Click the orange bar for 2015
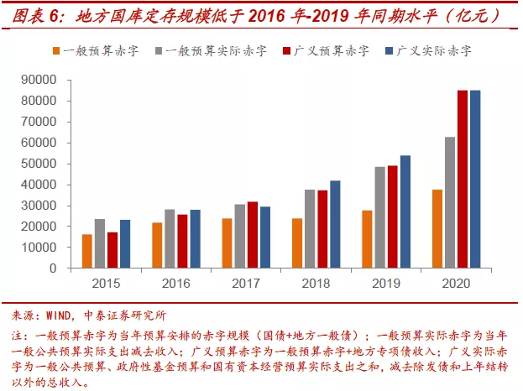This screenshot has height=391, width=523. [87, 251]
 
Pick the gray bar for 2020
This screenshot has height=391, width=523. [450, 202]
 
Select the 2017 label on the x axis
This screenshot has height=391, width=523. [245, 282]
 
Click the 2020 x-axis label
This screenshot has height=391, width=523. [456, 282]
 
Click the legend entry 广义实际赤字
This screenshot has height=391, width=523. [436, 50]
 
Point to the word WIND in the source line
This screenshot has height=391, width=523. [61, 316]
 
